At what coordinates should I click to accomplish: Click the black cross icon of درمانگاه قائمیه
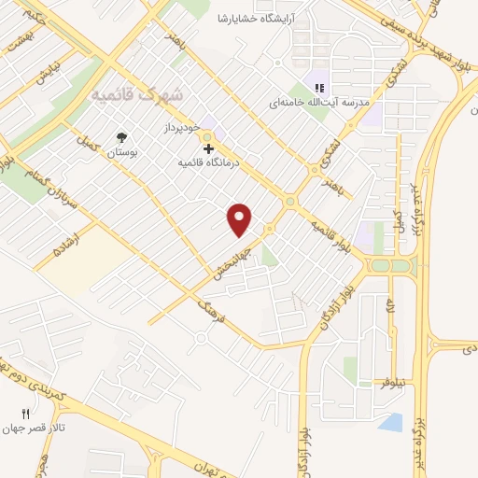click(x=207, y=148)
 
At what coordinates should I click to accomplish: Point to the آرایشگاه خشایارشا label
click(x=262, y=19)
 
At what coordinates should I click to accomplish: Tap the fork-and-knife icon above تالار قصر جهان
click(x=26, y=414)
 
